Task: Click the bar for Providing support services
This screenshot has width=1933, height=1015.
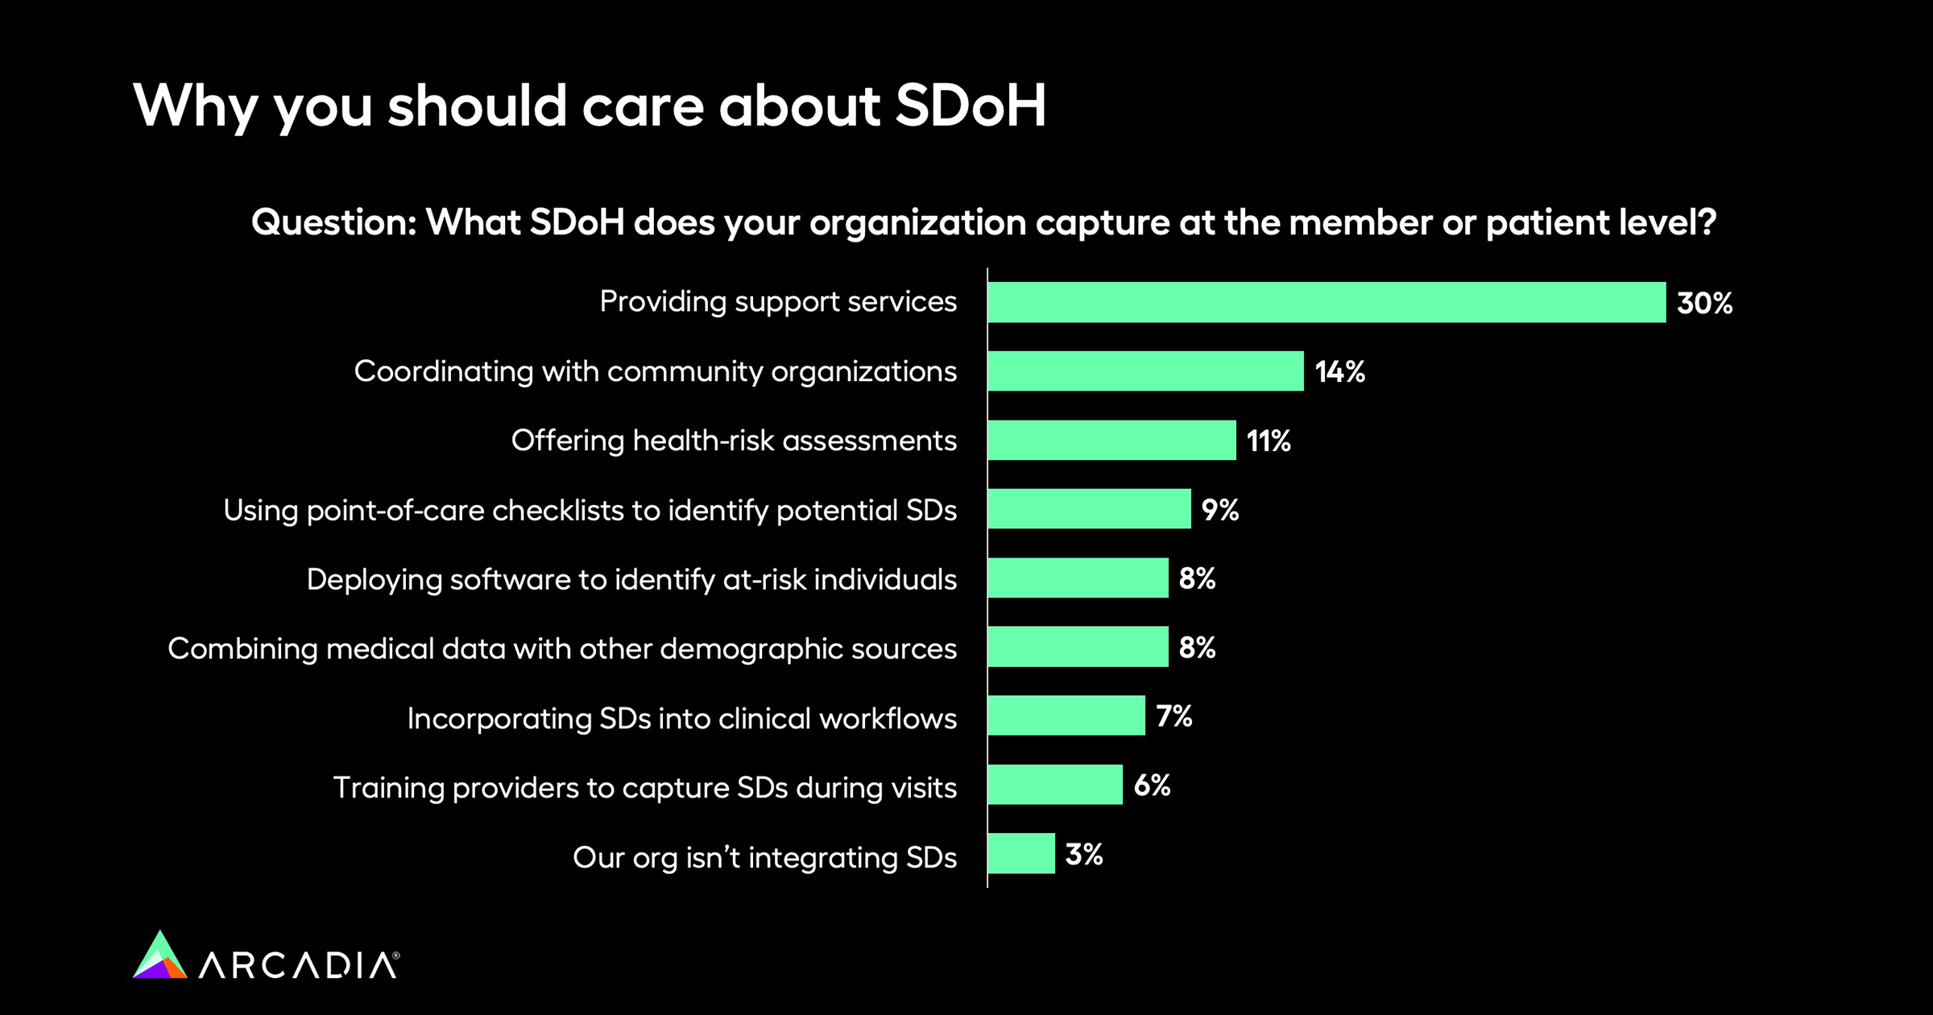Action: pos(1327,302)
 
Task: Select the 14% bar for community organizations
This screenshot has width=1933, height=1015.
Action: pos(1145,371)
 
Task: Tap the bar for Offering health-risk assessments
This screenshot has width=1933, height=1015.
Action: pos(1111,441)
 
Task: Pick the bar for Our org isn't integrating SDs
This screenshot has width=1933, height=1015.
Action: pos(1021,854)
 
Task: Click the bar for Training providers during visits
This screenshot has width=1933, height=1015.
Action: pos(1055,785)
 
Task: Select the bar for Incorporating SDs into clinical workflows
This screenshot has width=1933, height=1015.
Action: pos(1066,716)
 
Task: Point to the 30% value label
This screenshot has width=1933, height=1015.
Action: pos(1704,303)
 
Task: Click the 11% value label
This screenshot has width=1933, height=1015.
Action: pos(1269,441)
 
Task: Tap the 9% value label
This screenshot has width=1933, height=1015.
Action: pos(1220,510)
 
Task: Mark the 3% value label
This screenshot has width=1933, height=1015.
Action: pos(1084,855)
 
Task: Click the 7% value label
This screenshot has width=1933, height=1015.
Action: pos(1174,716)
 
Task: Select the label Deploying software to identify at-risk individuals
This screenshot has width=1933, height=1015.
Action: pos(631,580)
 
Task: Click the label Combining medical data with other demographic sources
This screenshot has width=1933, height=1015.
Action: pos(562,649)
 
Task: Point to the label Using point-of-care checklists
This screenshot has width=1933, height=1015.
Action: pos(590,511)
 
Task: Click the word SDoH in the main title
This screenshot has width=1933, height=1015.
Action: pos(971,106)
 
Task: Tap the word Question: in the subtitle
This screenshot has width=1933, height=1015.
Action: pos(333,222)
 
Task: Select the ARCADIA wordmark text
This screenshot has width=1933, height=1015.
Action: pos(299,965)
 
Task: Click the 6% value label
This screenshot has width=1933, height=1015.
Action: pos(1152,785)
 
